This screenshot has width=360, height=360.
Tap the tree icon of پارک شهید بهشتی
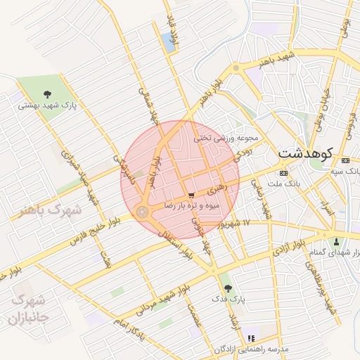pos(47,94)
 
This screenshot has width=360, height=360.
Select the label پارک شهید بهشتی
pos(48,105)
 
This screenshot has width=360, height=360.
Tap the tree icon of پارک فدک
pos(226,288)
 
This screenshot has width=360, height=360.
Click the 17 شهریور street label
pos(250,224)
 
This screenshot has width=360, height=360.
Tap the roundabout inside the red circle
pos(143,211)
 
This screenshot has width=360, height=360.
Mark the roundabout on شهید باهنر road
pos(237,68)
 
